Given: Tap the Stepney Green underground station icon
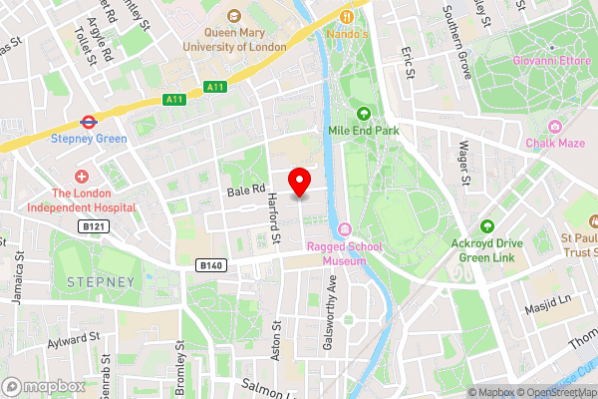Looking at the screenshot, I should [89, 122].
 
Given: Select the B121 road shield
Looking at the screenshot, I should [93, 227].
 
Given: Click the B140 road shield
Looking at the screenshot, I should [208, 265].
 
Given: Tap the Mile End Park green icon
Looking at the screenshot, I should [364, 114].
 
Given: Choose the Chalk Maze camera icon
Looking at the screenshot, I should [554, 127].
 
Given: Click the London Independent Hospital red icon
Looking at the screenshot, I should [82, 177].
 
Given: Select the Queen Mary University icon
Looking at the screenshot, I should [234, 16].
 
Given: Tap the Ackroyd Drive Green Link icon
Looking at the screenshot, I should [487, 227].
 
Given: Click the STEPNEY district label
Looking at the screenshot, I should [100, 282].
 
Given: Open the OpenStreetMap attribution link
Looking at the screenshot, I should [555, 392].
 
